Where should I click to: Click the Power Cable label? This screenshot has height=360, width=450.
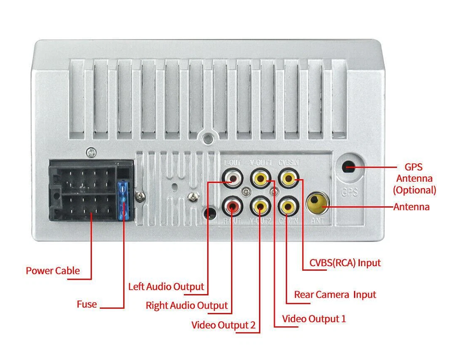(x=53, y=271)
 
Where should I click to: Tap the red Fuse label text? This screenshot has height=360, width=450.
(x=87, y=305)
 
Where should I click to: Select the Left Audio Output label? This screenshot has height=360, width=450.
(x=166, y=287)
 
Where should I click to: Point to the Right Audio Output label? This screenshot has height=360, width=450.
(x=187, y=306)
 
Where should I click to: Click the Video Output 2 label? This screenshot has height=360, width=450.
(x=223, y=325)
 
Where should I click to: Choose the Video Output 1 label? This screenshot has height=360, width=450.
(x=314, y=319)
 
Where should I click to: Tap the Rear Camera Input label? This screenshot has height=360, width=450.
(x=335, y=295)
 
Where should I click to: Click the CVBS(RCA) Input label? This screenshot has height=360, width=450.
(x=345, y=263)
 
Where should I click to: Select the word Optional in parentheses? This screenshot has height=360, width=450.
(x=414, y=190)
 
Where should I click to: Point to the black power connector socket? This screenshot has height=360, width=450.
(x=85, y=191)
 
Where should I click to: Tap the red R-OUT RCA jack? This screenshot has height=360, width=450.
(x=233, y=207)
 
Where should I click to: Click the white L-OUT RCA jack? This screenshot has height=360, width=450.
(x=233, y=180)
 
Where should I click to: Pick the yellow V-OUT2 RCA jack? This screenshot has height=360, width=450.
(x=260, y=207)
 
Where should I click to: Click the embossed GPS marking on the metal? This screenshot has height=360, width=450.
(x=349, y=193)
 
